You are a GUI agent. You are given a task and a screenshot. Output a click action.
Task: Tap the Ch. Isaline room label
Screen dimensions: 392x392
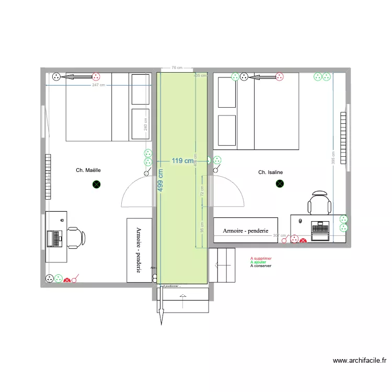pyautogui.click(x=270, y=172)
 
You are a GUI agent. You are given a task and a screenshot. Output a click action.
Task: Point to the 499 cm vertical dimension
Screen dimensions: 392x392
pyautogui.click(x=160, y=180)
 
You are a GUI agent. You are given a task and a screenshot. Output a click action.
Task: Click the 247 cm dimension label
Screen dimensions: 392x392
pyautogui.click(x=98, y=85)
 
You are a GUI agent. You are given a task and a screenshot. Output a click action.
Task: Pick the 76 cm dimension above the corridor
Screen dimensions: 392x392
pyautogui.click(x=176, y=67)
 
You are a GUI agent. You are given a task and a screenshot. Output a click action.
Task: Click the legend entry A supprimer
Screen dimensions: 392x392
pyautogui.click(x=261, y=258)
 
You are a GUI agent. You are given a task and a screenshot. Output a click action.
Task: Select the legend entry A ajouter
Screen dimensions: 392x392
pyautogui.click(x=258, y=262)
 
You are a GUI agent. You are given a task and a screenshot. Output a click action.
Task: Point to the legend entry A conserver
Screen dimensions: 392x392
pyautogui.click(x=261, y=266)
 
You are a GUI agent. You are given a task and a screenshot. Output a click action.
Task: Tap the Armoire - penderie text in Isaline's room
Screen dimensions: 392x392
pyautogui.click(x=245, y=230)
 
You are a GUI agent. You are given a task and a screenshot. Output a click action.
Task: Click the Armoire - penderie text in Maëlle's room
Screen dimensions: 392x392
pyautogui.click(x=139, y=250)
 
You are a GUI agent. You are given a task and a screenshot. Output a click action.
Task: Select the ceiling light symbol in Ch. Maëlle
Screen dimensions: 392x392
pyautogui.click(x=96, y=184)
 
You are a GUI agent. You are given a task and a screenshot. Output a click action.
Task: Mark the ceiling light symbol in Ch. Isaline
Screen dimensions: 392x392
pyautogui.click(x=280, y=183)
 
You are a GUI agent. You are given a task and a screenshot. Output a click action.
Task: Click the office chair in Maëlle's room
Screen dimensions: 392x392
pyautogui.click(x=75, y=237)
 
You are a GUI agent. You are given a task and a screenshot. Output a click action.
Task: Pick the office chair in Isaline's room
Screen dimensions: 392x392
pyautogui.click(x=319, y=202)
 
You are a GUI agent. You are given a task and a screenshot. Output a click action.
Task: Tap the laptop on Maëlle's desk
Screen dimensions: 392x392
pyautogui.click(x=54, y=238)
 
